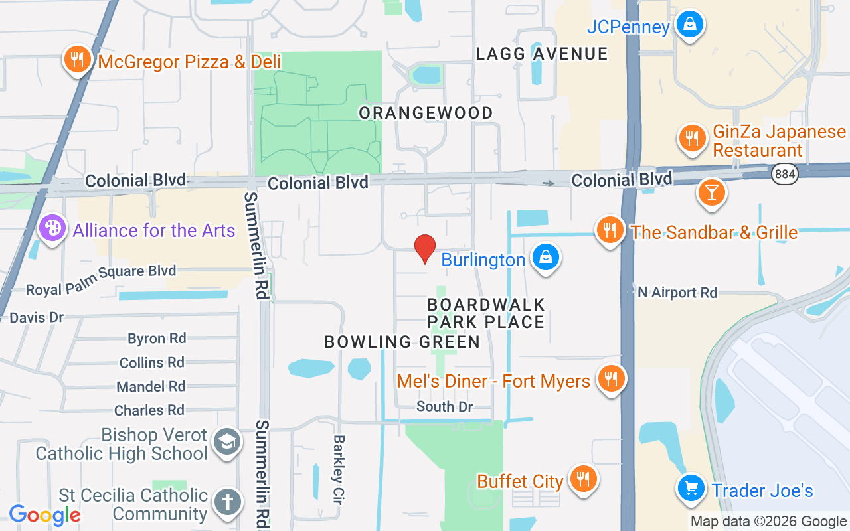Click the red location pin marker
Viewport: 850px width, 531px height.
point(425,248)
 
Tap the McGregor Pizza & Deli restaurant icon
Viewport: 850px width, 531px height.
point(78,60)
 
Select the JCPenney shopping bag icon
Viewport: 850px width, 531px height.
point(690,25)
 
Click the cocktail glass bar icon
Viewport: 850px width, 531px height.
point(711,192)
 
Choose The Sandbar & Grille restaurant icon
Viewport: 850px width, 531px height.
point(610,230)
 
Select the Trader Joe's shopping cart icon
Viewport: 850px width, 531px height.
point(691,489)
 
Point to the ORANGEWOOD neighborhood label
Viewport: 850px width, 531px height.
point(426,113)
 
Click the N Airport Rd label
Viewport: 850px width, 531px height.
point(677,293)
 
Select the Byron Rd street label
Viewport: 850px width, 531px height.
point(157,339)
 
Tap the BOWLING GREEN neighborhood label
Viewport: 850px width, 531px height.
point(402,342)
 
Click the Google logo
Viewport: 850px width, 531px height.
point(44,514)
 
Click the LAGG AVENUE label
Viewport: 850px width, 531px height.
point(542,54)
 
